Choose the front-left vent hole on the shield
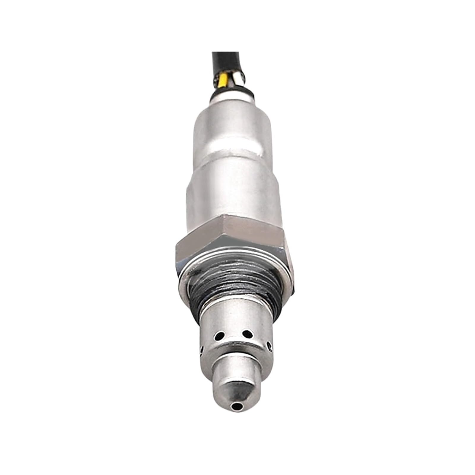point(220,336)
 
